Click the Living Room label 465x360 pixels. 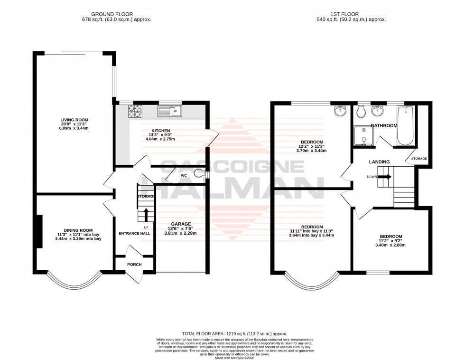[74, 120]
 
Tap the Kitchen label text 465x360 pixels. [160, 131]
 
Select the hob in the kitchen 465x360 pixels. [134, 111]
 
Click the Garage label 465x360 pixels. [181, 224]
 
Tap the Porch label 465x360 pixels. [134, 265]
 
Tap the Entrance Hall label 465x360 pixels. [134, 233]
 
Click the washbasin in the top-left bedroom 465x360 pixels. [340, 111]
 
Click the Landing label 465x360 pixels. [379, 162]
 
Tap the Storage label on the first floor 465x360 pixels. [419, 158]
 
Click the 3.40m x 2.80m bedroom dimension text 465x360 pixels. [391, 246]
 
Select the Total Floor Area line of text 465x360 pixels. [235, 334]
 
